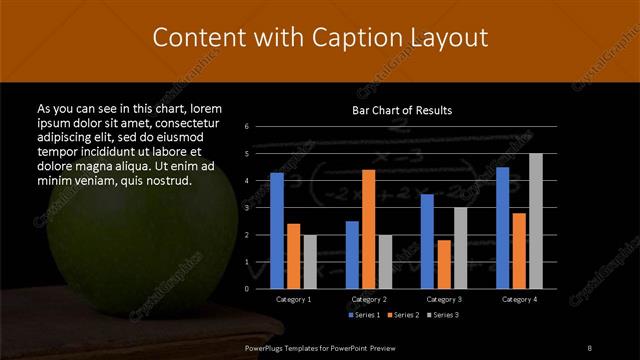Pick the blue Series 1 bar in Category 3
(427, 240)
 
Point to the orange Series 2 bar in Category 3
(443, 263)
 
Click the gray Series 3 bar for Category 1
(309, 261)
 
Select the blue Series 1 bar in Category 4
(502, 227)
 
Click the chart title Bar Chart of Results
(403, 110)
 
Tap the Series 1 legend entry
(364, 315)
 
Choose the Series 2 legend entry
(403, 315)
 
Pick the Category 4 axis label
(518, 298)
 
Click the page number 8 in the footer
(589, 347)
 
